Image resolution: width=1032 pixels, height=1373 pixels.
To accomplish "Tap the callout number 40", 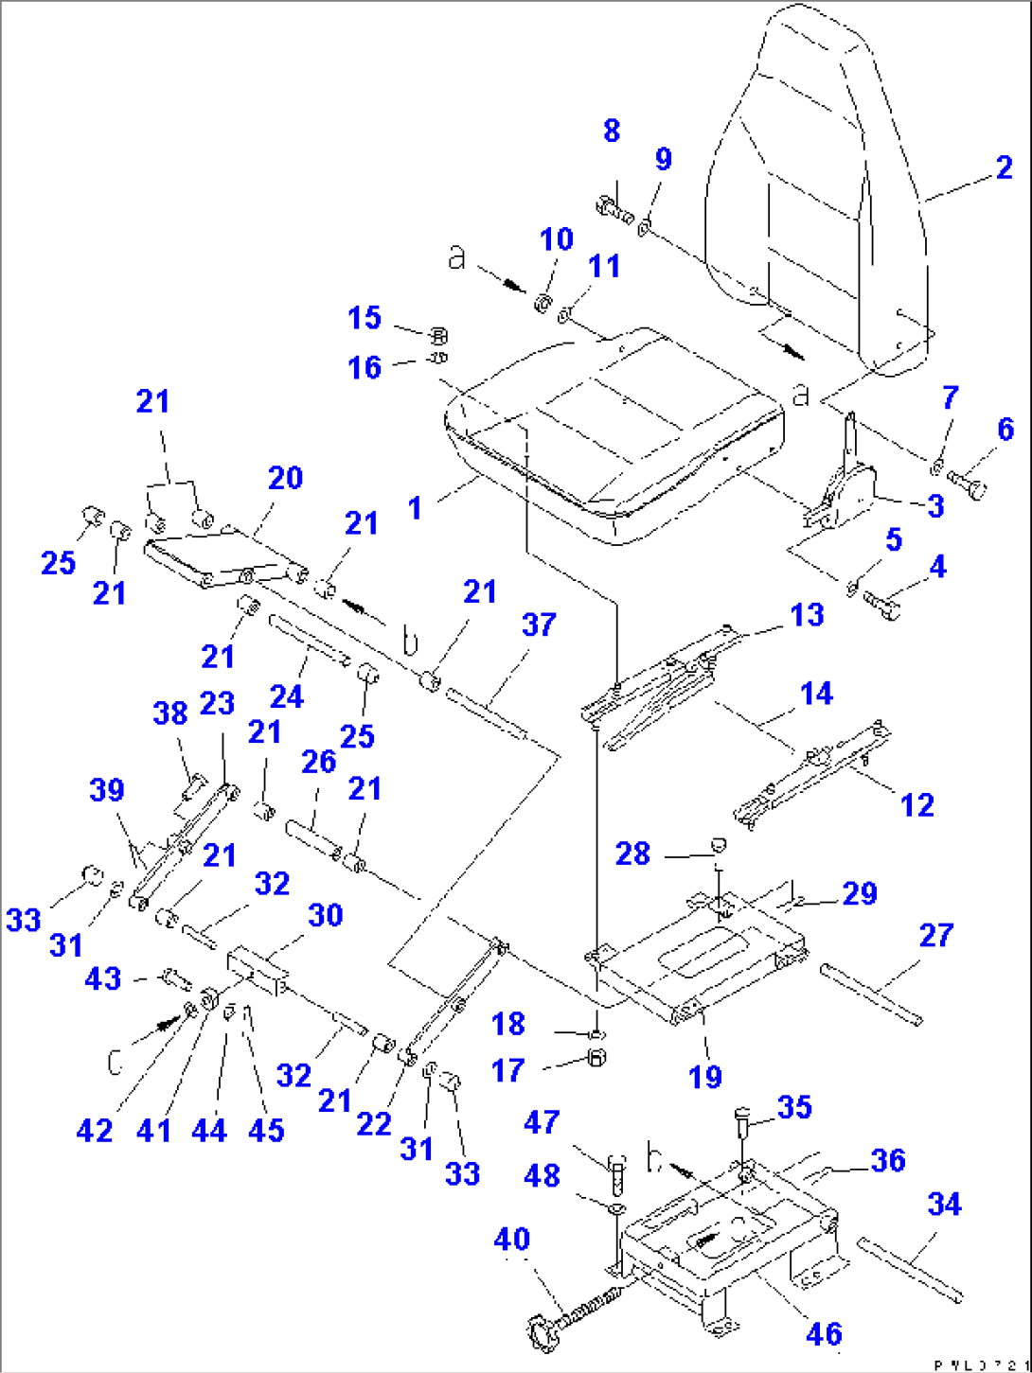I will [x=512, y=1240].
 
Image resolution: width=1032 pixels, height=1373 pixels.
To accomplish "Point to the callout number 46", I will [x=824, y=1333].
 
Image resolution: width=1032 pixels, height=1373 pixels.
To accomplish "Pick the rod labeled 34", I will [x=909, y=1268].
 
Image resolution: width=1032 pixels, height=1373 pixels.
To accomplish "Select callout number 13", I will [x=808, y=615].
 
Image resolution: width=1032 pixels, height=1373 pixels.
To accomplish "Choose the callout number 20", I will [x=285, y=478].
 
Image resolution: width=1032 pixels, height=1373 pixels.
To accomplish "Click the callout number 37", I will [x=539, y=625].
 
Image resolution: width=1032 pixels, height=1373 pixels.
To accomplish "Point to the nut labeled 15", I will [x=438, y=335].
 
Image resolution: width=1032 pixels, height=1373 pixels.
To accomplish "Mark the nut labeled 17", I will [x=596, y=1057].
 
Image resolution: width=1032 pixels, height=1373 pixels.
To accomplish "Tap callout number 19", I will [x=705, y=1076].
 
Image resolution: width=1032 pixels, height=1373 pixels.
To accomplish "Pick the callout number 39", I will [x=107, y=790].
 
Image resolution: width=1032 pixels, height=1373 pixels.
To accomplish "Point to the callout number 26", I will [x=319, y=761].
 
